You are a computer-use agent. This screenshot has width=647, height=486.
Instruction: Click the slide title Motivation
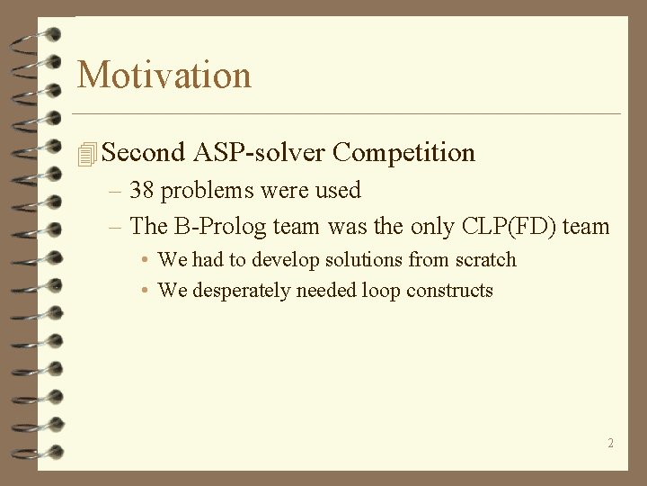164,75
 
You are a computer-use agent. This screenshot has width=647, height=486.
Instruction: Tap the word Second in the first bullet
144,153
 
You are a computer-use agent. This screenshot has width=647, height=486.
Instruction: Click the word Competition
403,153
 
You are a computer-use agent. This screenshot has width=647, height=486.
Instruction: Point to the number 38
142,191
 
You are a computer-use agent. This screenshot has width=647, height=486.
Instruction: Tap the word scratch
486,260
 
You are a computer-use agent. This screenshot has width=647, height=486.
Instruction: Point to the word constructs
449,291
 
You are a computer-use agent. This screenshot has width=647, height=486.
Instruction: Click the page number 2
610,443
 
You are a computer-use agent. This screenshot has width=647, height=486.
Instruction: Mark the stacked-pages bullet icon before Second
86,155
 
